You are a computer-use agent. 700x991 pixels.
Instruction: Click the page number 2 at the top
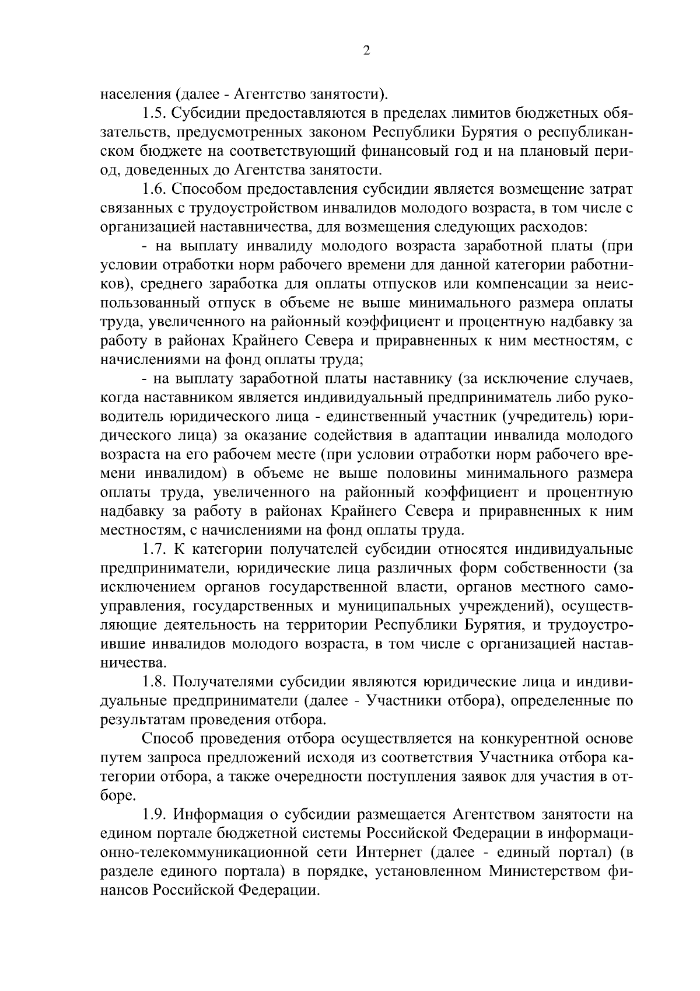[x=366, y=51]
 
